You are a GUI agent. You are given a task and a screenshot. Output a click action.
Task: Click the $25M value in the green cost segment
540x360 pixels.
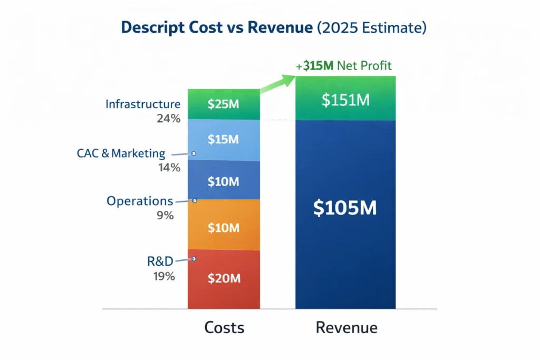coord(224,104)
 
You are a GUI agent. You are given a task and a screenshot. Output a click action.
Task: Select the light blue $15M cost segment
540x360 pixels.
coord(224,140)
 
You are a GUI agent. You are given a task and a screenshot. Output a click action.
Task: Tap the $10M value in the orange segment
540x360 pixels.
coord(224,228)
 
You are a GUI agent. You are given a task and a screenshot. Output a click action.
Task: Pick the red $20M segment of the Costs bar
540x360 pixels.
coord(224,279)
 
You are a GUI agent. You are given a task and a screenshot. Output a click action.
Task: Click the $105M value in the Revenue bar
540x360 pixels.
coord(345,208)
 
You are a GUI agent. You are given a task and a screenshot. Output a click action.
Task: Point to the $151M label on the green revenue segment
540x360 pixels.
coord(345,100)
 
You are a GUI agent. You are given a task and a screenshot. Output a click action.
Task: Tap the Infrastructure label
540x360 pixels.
coord(143,104)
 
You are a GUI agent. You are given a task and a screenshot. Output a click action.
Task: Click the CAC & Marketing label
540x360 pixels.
coord(121,154)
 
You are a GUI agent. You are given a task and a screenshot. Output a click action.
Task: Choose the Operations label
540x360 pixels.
coord(140,201)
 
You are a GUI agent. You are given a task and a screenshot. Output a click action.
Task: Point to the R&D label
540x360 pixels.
coord(160,261)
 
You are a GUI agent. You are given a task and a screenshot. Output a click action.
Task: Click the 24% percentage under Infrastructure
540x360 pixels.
coord(168,119)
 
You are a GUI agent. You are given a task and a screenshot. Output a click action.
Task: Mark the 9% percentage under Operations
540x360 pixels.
coord(166,216)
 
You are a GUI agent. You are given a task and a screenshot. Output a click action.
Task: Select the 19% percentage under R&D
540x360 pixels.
coord(165,276)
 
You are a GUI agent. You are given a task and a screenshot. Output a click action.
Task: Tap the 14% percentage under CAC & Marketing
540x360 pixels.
coord(168,169)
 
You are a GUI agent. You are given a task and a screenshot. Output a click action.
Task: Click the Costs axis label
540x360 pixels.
coord(224,328)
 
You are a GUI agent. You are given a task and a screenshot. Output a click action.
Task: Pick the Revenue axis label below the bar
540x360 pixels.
coord(346,328)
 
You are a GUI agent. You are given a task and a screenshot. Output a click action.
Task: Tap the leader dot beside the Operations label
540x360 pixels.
coord(195,201)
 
